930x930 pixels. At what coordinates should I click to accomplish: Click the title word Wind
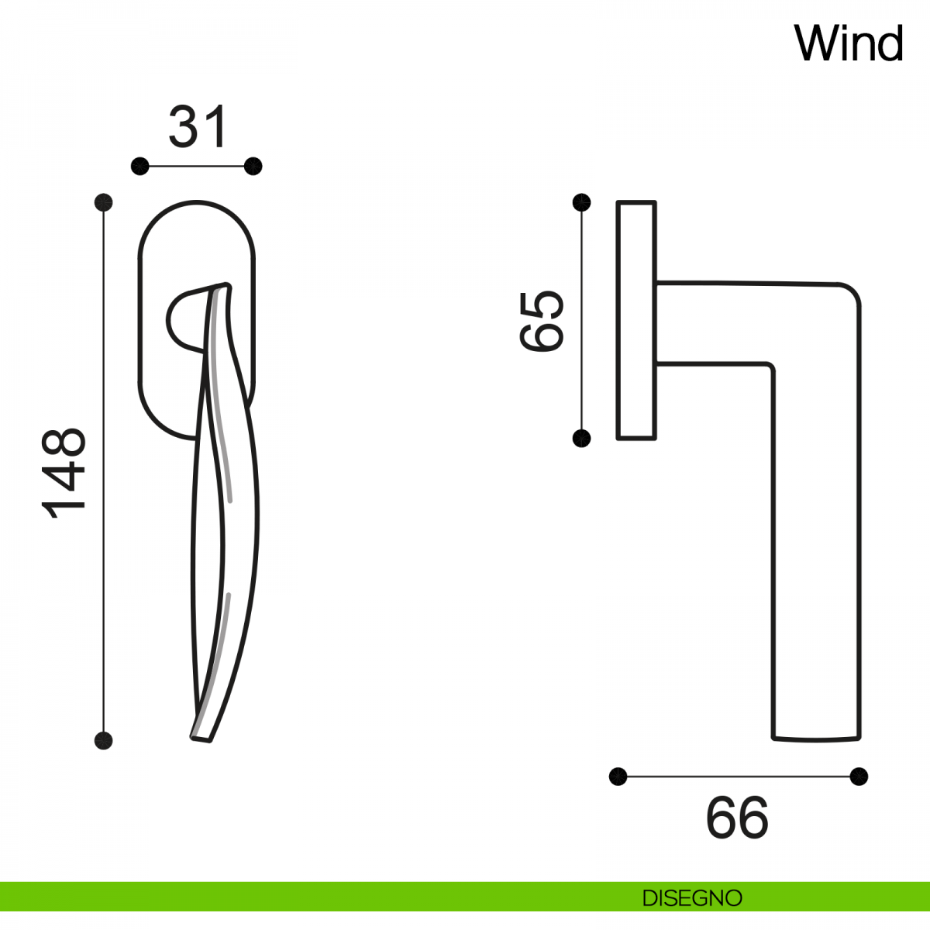[848, 43]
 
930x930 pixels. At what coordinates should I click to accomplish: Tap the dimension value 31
[198, 126]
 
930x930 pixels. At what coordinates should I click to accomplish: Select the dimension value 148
[64, 473]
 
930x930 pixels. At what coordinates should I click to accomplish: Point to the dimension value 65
[541, 321]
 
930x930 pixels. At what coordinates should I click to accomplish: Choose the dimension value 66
[737, 818]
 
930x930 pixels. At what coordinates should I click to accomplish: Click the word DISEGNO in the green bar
[692, 898]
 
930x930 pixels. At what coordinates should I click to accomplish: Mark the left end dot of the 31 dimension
[140, 167]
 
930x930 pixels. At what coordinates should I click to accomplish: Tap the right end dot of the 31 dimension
[253, 167]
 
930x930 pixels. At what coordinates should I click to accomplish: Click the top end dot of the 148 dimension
[103, 202]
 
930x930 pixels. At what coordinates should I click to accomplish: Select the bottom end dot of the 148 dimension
[103, 740]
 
